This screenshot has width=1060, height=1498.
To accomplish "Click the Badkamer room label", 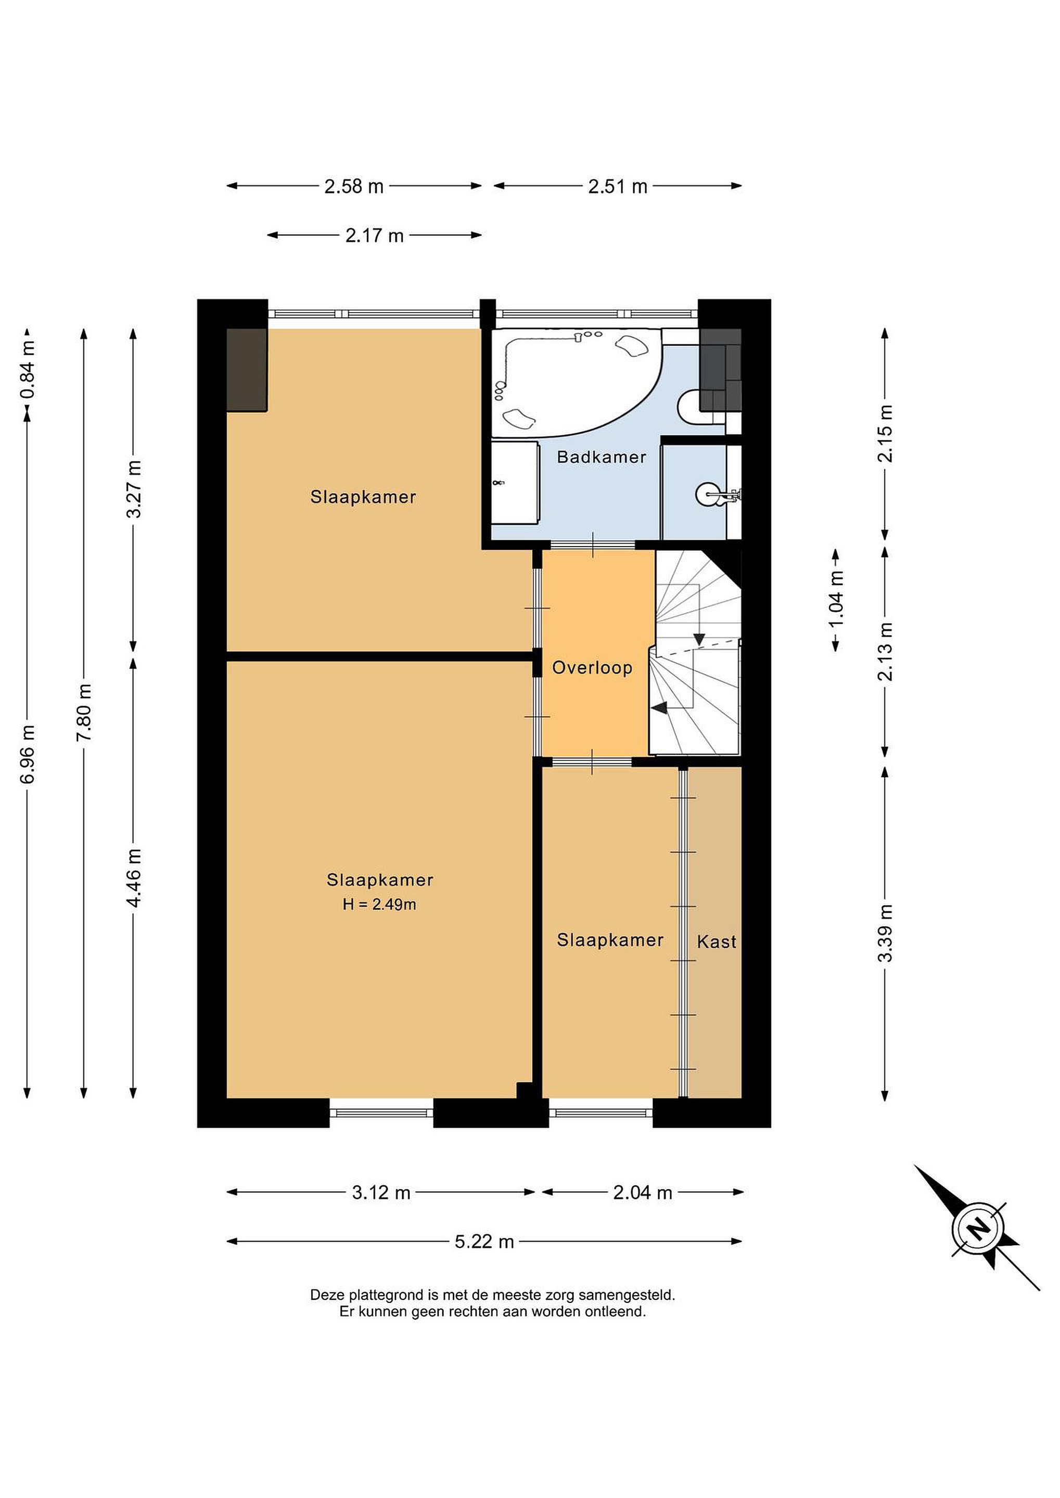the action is click(x=601, y=457).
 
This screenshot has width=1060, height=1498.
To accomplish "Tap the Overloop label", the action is click(x=592, y=667).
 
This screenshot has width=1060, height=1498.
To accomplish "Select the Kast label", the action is click(x=716, y=941).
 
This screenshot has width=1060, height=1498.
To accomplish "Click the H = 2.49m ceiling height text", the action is click(x=379, y=905).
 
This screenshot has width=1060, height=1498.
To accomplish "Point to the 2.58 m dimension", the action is click(x=354, y=187).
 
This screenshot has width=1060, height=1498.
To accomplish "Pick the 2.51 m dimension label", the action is click(x=618, y=187).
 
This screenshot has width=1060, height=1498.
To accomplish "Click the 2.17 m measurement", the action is click(x=375, y=236).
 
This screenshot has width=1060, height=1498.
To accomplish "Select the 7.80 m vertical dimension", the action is click(x=84, y=712).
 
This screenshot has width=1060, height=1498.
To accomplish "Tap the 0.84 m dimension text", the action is click(x=28, y=369).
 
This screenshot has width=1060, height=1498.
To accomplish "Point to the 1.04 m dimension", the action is click(x=836, y=599).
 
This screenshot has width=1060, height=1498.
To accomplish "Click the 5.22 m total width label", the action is click(x=484, y=1242).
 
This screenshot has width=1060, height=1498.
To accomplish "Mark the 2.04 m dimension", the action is click(x=642, y=1193).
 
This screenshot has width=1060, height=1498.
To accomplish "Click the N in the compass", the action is click(x=978, y=1229).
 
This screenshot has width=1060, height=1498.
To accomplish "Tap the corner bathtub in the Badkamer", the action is click(x=574, y=382).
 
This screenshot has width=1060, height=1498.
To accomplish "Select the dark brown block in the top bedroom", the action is click(x=247, y=370).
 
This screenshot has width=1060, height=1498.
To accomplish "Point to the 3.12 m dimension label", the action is click(x=381, y=1193).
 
